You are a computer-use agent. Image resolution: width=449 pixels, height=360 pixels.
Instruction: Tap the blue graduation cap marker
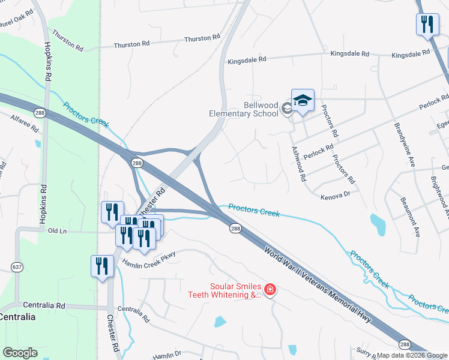pyautogui.click(x=303, y=100)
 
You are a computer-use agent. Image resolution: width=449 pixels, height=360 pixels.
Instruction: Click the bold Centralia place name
pyautogui.click(x=17, y=316)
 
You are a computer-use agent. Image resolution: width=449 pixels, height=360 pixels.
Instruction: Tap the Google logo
pyautogui.click(x=20, y=352)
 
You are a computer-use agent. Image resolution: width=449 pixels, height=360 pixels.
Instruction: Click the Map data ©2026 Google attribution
pyautogui.click(x=412, y=355)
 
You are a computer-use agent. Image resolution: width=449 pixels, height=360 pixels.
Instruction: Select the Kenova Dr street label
pyautogui.click(x=335, y=196)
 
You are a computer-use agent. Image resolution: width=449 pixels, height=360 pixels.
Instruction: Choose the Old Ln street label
pyautogui.click(x=57, y=231)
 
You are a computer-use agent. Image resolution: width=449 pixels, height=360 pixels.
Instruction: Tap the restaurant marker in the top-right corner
pyautogui.click(x=427, y=25)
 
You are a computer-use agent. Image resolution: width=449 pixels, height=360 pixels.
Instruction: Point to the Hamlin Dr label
pyautogui.click(x=166, y=355)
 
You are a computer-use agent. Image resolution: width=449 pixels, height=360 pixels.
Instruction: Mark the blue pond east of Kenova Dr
pyautogui.click(x=378, y=224)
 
